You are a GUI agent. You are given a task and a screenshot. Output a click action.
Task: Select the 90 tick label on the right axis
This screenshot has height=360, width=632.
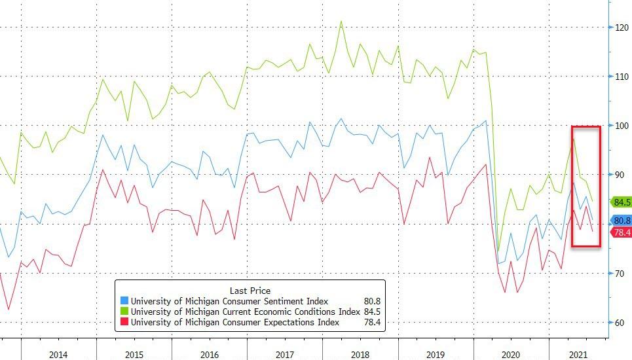pyautogui.click(x=619, y=175)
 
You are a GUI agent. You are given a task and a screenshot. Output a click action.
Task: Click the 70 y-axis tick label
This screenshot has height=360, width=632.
pyautogui.click(x=619, y=274)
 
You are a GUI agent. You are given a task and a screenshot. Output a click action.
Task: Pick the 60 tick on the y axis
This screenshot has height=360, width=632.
pyautogui.click(x=619, y=323)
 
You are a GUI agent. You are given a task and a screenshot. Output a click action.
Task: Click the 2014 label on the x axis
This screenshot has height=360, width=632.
pyautogui.click(x=58, y=354)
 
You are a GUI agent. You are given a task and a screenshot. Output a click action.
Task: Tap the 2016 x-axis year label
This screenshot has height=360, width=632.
pyautogui.click(x=209, y=354)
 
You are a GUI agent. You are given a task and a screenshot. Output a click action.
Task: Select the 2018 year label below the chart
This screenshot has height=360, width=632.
pyautogui.click(x=360, y=354)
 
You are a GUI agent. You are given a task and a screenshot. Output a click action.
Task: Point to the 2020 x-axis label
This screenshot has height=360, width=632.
pyautogui.click(x=511, y=354)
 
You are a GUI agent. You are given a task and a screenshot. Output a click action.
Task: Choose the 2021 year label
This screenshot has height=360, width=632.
pyautogui.click(x=578, y=354)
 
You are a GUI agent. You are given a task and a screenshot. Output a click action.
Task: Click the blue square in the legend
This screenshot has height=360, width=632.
pyautogui.click(x=124, y=301)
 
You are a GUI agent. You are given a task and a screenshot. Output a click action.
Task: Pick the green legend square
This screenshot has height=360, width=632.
pyautogui.click(x=124, y=312)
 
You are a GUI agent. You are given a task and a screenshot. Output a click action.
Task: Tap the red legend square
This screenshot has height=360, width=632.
pyautogui.click(x=124, y=322)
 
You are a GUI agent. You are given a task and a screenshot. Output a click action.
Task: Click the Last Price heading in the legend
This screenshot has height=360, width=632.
pyautogui.click(x=250, y=291)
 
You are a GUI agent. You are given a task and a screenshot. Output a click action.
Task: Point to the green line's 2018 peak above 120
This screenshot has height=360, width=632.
pyautogui.click(x=341, y=22)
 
